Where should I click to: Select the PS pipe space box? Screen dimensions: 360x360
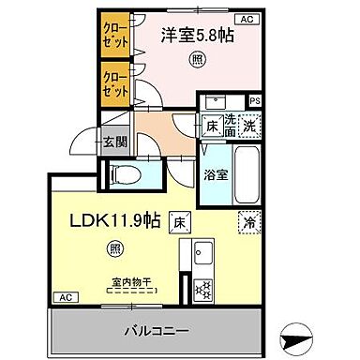(x=254, y=100)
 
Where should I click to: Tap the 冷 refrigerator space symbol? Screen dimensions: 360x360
(x=248, y=224)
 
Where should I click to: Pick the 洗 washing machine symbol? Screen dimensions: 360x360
(x=248, y=122)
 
